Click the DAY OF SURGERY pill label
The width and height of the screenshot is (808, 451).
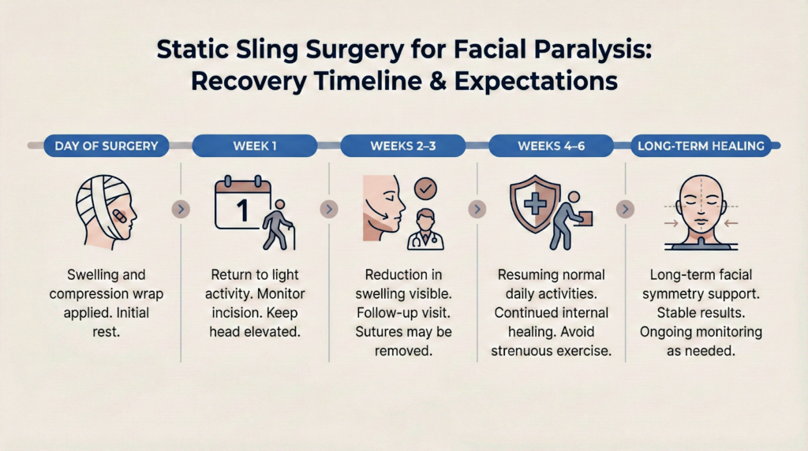tap(106, 146)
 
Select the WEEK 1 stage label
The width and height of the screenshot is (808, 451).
tap(254, 146)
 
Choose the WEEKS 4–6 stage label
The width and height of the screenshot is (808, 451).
tap(552, 146)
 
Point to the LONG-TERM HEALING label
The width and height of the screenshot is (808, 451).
tap(701, 146)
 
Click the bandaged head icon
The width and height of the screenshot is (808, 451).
tap(106, 208)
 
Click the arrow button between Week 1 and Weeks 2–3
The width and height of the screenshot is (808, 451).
tap(329, 210)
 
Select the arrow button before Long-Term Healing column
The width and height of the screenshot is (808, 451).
tap(624, 210)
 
